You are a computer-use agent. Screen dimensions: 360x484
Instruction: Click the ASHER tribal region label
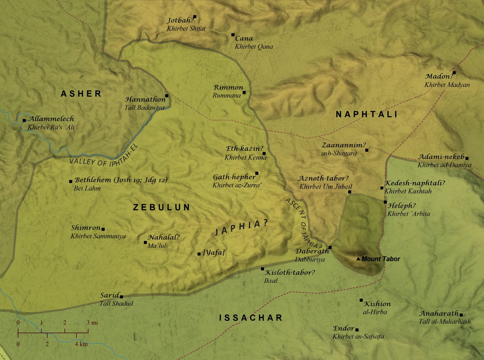[81, 94]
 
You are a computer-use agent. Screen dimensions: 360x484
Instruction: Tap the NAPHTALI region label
[367, 114]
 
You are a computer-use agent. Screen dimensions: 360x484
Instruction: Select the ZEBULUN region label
[161, 207]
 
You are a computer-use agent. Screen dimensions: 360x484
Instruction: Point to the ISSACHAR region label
[251, 318]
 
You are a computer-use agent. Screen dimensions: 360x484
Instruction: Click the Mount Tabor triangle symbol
[358, 259]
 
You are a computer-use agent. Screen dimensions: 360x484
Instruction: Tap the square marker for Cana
[233, 35]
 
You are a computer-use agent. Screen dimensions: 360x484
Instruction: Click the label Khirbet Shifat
[186, 28]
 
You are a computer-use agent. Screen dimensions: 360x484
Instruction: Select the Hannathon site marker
[167, 96]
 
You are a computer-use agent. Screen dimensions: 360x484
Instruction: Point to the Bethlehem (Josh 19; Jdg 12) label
[121, 180]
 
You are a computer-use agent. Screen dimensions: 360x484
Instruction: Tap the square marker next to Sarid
[121, 297]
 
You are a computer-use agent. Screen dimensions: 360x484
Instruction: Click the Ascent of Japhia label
[304, 224]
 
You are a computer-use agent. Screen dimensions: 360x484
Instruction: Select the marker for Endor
[357, 329]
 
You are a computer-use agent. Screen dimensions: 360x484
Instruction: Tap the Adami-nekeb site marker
[467, 158]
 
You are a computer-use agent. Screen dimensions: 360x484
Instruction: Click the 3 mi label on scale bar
[92, 323]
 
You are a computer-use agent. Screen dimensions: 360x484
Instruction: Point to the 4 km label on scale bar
[81, 344]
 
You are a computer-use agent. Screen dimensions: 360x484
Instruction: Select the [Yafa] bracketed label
[214, 253]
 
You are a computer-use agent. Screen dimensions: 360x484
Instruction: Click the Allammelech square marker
[24, 120]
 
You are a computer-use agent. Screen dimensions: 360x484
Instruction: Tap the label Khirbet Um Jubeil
[325, 186]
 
